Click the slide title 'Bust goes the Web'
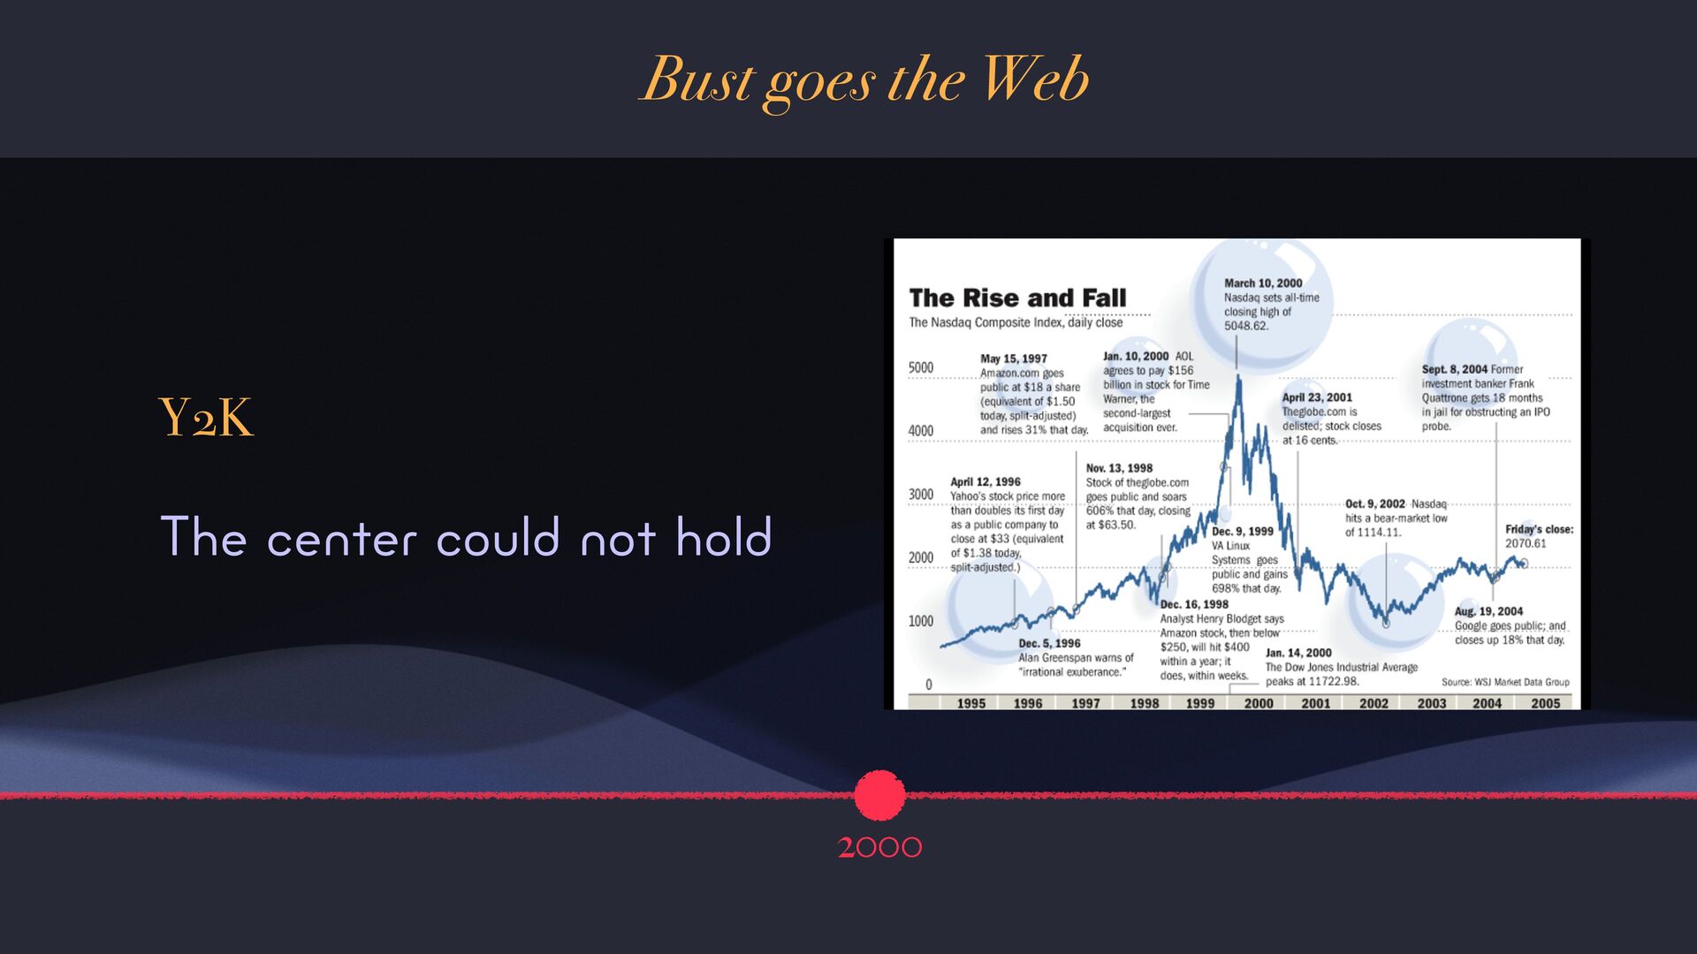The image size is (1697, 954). click(x=864, y=80)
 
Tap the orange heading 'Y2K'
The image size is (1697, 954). click(x=206, y=418)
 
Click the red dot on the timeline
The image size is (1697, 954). click(x=879, y=795)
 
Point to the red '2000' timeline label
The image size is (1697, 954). click(x=879, y=847)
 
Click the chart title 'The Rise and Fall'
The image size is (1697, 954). click(x=1017, y=298)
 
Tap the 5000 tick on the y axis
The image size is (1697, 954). click(x=921, y=367)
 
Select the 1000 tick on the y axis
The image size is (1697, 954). click(x=921, y=621)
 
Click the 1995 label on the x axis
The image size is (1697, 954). click(x=970, y=703)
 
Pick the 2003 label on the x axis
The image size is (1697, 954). click(x=1431, y=703)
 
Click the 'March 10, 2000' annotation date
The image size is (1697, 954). click(x=1263, y=284)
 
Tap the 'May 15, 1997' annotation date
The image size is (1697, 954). click(x=1014, y=359)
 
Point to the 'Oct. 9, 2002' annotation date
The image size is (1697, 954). click(x=1375, y=504)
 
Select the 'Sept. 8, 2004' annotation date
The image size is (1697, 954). click(x=1455, y=369)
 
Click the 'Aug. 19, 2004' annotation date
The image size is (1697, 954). click(x=1489, y=611)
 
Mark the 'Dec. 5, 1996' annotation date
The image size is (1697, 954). click(x=1049, y=643)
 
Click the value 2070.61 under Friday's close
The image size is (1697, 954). click(x=1526, y=543)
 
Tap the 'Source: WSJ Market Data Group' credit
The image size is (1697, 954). click(x=1505, y=682)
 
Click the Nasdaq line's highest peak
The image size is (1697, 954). click(x=1238, y=376)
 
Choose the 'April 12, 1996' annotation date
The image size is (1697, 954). click(x=985, y=481)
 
